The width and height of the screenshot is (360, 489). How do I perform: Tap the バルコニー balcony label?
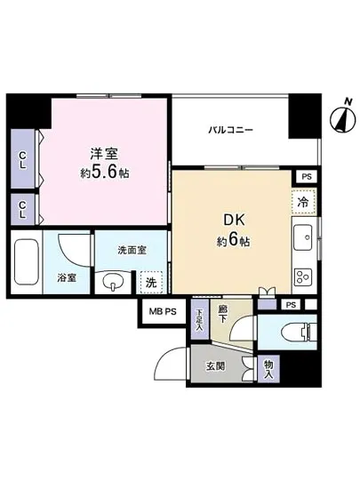click(231, 130)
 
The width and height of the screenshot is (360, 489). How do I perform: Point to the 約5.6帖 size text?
click(105, 173)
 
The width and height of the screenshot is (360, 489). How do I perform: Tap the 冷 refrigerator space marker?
click(302, 204)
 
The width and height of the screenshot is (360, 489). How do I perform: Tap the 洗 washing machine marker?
click(152, 283)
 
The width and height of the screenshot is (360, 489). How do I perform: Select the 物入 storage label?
click(268, 366)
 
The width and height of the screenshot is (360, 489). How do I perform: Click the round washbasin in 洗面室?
click(114, 284)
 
